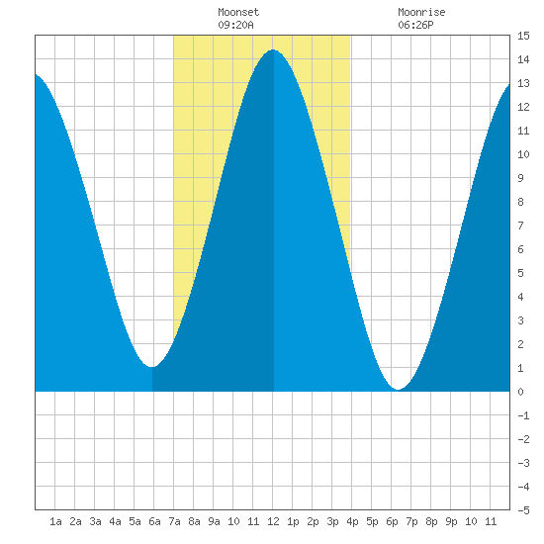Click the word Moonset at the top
(238, 12)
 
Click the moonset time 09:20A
(235, 25)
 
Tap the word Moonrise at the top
(421, 12)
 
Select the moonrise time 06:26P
(415, 25)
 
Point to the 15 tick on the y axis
(523, 36)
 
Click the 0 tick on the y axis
(520, 392)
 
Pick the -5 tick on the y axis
(523, 510)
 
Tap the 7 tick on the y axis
(520, 226)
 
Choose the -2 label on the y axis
(523, 439)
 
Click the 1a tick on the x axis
(55, 521)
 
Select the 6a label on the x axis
(154, 521)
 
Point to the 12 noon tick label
(273, 521)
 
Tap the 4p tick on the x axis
(352, 521)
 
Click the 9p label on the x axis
(451, 521)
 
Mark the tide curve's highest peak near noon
(273, 50)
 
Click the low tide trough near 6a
(152, 367)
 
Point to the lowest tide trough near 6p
(399, 390)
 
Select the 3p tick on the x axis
(332, 521)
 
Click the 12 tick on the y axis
(523, 107)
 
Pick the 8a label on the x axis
(194, 521)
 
